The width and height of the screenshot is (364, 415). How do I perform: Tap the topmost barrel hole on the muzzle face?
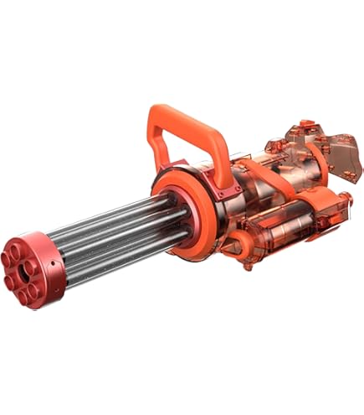pos(18,249)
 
